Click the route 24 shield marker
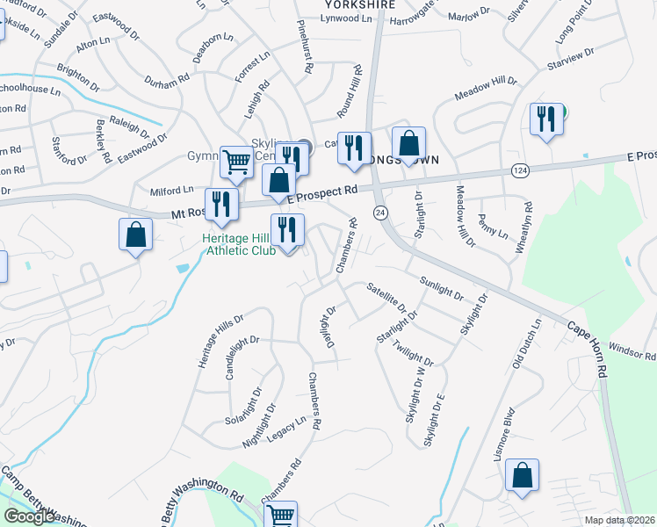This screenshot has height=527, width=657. [380, 213]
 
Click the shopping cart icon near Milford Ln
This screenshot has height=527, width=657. [236, 162]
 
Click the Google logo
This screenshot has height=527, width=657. [30, 516]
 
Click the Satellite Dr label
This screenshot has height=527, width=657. [386, 296]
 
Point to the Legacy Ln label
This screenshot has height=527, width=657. [288, 424]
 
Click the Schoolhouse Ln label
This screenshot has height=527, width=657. [29, 90]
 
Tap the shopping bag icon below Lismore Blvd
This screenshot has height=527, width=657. [522, 477]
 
